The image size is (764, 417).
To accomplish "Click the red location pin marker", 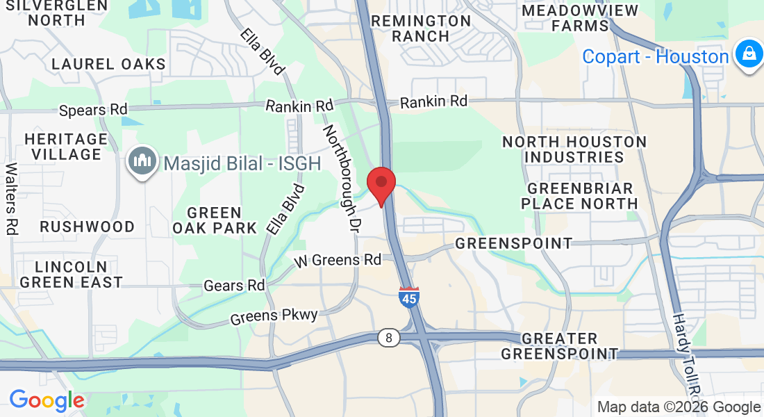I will (381, 184).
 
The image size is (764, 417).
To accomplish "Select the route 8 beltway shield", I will (389, 338).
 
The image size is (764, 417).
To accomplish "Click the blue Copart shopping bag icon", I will (749, 55).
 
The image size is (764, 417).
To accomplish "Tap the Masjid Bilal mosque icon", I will (142, 162).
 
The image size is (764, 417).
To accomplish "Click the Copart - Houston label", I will (655, 56).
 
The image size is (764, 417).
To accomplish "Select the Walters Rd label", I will (11, 198).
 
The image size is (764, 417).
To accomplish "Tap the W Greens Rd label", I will (338, 260).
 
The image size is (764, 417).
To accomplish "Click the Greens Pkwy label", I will (274, 316).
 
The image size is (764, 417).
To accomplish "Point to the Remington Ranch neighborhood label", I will (421, 28).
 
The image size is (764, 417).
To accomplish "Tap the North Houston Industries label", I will (574, 149).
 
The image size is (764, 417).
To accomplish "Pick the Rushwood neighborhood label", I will (87, 227).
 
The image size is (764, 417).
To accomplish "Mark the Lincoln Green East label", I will (71, 275).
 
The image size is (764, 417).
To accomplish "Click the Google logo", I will (47, 400).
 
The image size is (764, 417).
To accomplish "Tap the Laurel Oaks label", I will (109, 65).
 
